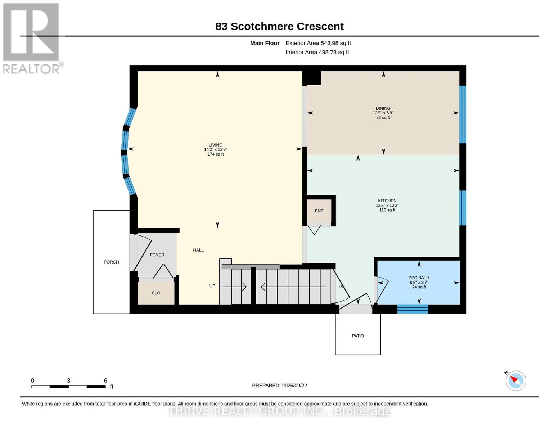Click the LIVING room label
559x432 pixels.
[215, 145]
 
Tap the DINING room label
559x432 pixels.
[383, 108]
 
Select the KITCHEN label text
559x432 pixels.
[387, 201]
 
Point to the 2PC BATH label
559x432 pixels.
[419, 278]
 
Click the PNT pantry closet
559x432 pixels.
[319, 211]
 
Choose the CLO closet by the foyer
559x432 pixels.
[156, 293]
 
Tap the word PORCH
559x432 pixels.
[111, 262]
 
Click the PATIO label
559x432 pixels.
[358, 336]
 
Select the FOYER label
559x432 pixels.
[157, 255]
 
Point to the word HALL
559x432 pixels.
[198, 250]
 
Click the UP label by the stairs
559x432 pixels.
[212, 286]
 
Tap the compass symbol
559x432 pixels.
[515, 381]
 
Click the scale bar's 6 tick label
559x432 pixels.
[105, 380]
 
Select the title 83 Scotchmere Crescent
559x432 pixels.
[279, 26]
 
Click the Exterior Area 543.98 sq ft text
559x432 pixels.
[318, 43]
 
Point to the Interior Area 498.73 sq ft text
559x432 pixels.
[317, 52]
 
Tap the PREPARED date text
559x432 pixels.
[279, 386]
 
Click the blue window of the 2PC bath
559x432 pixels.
[413, 309]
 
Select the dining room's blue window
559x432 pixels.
[463, 114]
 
